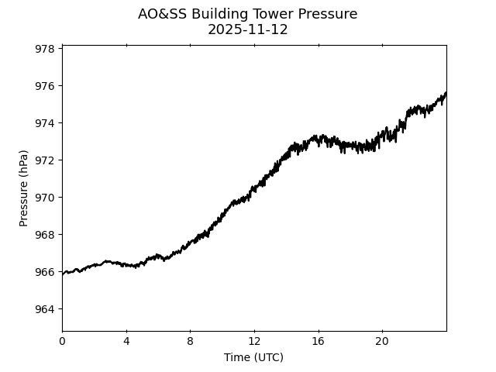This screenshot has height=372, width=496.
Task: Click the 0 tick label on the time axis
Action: pyautogui.click(x=63, y=341)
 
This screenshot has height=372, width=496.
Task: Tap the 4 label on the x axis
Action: pyautogui.click(x=126, y=341)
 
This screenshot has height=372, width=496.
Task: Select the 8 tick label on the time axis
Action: pyautogui.click(x=191, y=341)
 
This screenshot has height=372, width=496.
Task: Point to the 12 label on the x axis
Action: pyautogui.click(x=254, y=341)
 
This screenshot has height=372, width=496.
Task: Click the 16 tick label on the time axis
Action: pyautogui.click(x=319, y=341)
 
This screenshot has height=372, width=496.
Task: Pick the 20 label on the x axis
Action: pyautogui.click(x=382, y=341)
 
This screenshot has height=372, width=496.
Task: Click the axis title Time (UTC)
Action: pyautogui.click(x=253, y=357)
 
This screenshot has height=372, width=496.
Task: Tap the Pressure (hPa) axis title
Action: pyautogui.click(x=24, y=188)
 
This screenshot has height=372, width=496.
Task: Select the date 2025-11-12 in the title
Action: pyautogui.click(x=248, y=30)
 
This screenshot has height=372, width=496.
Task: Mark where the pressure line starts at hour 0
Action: pyautogui.click(x=63, y=274)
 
